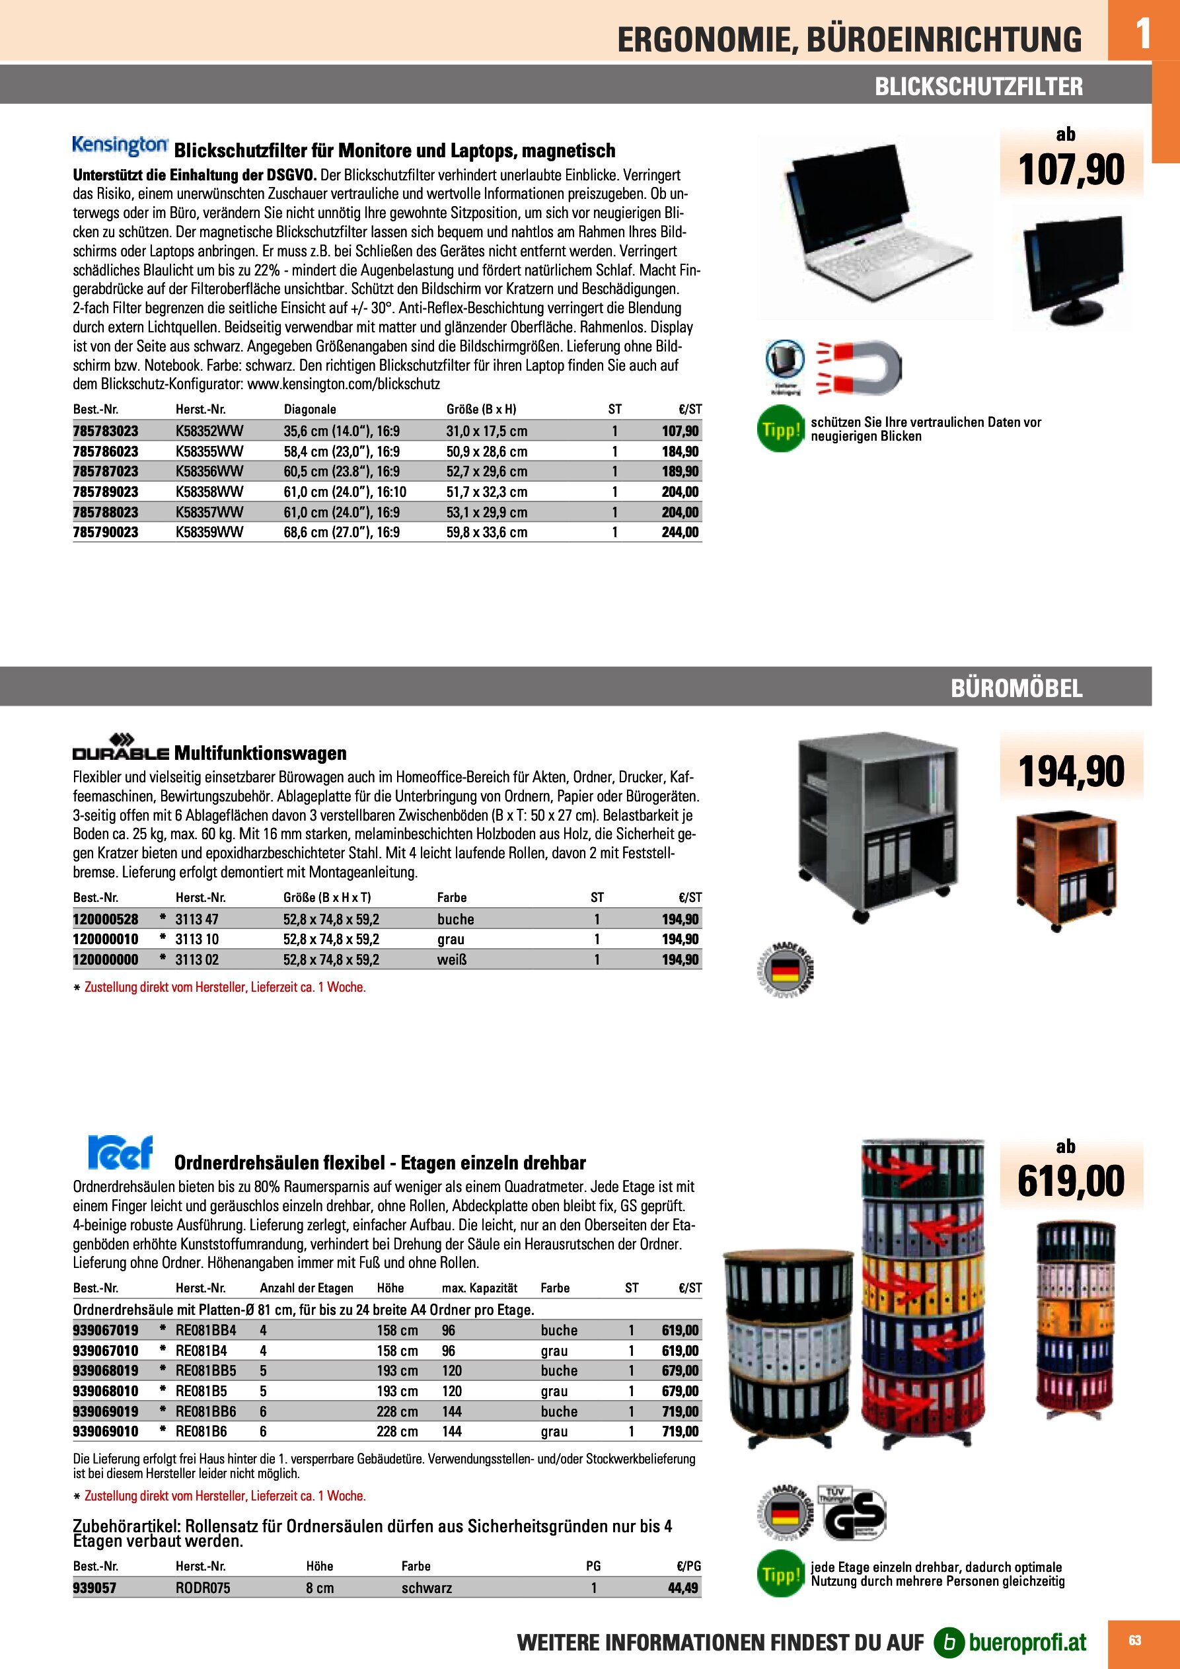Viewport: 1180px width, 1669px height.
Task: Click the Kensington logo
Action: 120,146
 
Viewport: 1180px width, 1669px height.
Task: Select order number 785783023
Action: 106,431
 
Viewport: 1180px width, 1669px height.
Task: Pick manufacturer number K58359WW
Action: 209,532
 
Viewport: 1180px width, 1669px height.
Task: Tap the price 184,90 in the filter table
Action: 680,451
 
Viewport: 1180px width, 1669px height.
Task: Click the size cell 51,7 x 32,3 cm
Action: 486,492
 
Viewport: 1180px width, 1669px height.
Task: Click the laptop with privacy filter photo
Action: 875,227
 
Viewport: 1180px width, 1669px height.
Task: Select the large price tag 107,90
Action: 1071,170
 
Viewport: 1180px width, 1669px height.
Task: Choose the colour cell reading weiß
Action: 451,959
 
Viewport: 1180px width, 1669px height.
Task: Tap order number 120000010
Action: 106,939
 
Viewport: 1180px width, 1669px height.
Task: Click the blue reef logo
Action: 120,1152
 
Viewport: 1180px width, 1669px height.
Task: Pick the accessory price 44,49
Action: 682,1588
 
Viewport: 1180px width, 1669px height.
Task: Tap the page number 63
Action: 1134,1641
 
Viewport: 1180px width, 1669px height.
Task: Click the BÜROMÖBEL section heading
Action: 1016,688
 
